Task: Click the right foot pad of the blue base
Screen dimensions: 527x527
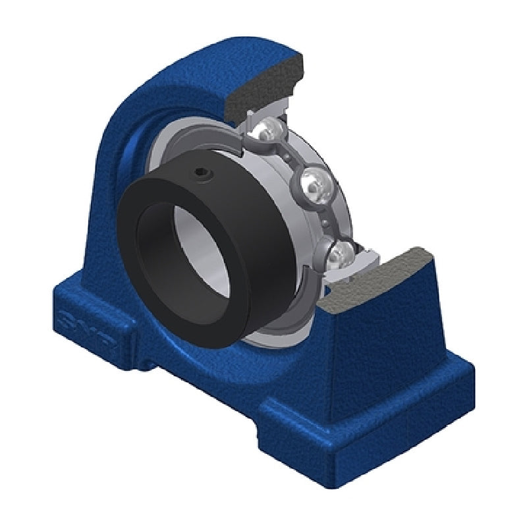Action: point(369,422)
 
